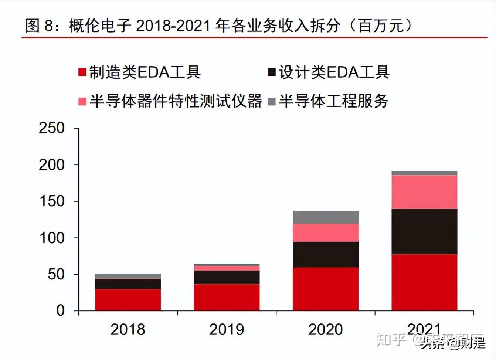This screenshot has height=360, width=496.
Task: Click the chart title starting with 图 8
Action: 218,26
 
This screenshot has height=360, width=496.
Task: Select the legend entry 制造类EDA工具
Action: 140,72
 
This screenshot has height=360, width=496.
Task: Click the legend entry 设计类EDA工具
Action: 329,72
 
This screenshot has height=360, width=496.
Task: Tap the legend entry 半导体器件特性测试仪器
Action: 170,101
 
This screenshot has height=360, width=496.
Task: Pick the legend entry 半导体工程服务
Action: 328,101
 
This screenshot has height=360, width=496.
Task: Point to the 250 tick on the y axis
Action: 52,128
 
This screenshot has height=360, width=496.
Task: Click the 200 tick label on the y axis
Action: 52,165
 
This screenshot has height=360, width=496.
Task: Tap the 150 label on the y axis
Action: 52,201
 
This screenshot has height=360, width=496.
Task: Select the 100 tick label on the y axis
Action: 52,238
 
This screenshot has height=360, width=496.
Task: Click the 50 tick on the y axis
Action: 56,274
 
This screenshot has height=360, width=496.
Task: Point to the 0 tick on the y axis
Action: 60,310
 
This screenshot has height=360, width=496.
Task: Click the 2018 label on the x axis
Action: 128,329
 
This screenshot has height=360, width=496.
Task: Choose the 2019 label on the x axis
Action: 227,329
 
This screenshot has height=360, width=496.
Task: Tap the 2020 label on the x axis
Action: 326,329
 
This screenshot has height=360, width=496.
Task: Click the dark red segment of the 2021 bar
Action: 424,282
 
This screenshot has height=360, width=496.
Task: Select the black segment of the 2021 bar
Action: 424,232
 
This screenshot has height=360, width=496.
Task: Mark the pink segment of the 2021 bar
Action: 424,192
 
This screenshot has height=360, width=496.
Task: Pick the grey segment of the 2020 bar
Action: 326,217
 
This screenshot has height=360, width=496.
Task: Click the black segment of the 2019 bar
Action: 227,277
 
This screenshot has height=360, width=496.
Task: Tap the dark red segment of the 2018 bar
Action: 128,300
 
